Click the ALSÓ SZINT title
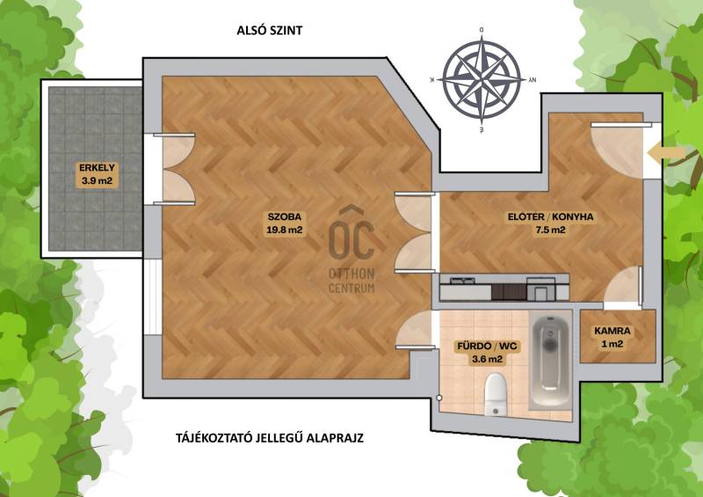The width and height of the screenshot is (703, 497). coord(270,30)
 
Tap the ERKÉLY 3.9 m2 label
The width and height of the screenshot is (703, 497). coord(97,175)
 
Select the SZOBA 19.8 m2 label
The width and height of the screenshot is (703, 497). coord(285,223)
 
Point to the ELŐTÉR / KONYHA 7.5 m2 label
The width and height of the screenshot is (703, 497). coord(551,223)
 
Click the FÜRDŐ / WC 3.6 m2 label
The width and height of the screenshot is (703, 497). coord(487,353)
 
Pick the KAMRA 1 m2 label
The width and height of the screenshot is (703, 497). coord(612,338)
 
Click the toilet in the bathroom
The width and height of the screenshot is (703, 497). coord(496,395)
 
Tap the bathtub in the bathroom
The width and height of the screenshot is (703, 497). coord(551,362)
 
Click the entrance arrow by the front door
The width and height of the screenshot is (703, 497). coord(667,153)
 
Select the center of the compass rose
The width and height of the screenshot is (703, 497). coord(482,80)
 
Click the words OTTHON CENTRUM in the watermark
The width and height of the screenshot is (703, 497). coord(351,281)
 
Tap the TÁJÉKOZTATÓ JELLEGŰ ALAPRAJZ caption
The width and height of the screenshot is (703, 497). coord(270,438)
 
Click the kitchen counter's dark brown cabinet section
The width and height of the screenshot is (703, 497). coord(509,292)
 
